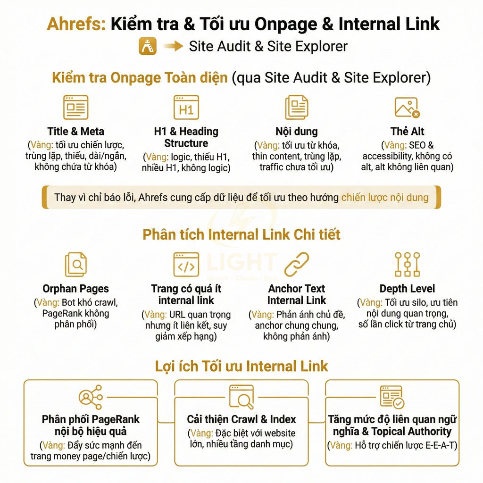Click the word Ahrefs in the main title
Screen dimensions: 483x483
(x=76, y=24)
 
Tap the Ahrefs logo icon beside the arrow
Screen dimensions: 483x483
(x=148, y=47)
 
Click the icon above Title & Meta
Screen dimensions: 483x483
(x=76, y=108)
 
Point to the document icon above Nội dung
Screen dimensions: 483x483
(x=297, y=108)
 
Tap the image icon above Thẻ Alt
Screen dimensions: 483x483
(x=407, y=108)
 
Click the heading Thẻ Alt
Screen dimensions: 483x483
(x=407, y=132)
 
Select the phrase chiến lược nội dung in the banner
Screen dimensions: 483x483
(x=385, y=197)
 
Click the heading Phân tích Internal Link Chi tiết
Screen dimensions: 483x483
(x=241, y=235)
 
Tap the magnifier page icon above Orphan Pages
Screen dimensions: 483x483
(x=76, y=264)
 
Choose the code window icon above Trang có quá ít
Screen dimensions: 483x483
(x=186, y=264)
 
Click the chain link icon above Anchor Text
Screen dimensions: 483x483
(x=297, y=264)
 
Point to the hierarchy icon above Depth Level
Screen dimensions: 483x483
(x=407, y=264)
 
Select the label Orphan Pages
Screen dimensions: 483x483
(x=76, y=289)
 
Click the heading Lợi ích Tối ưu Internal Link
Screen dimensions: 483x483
(x=241, y=366)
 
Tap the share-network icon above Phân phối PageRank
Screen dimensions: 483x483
(x=91, y=397)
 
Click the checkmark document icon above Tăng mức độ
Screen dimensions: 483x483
(x=392, y=397)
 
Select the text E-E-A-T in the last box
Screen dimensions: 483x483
(x=441, y=445)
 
